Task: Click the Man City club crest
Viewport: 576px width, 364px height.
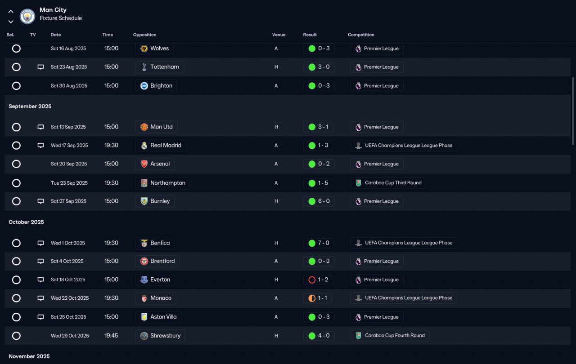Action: pos(27,17)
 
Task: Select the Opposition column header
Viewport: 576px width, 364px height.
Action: pos(144,35)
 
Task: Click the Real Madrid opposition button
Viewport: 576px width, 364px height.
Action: pos(161,146)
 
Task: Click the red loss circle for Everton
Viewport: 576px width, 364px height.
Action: pos(312,280)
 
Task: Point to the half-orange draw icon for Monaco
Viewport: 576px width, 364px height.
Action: pos(312,298)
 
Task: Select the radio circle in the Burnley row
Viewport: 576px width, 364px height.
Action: pos(16,201)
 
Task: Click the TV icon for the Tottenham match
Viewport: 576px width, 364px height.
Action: pos(40,67)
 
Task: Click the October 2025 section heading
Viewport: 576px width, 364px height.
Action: pos(26,222)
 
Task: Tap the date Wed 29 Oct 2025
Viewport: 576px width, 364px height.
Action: pos(70,336)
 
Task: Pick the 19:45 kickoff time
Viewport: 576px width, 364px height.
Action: pos(111,336)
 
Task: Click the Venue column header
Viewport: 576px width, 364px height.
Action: pos(279,35)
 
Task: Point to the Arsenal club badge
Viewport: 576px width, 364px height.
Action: pos(144,164)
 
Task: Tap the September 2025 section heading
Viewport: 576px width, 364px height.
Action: pos(30,107)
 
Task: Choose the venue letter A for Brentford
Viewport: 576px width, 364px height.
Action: pos(276,262)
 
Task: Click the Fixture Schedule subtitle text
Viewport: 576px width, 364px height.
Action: pos(61,18)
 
